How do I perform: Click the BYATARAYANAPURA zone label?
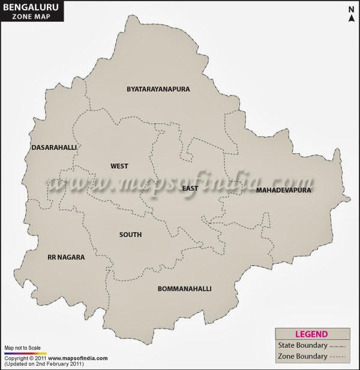coord(158,89)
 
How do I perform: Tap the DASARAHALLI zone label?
coord(55,147)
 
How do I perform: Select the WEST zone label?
coord(119,166)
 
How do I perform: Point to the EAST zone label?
coord(190,189)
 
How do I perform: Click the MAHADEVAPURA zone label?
coord(283,190)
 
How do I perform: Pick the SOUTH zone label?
coord(130,235)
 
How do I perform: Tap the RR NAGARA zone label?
coord(66,257)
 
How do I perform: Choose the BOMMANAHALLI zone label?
coord(184,289)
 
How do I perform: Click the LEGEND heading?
coord(311,335)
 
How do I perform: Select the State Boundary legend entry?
coord(303,345)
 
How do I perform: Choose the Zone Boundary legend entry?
coord(302,357)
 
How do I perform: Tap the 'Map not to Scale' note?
coord(22,348)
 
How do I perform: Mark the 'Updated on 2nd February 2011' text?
coord(44,365)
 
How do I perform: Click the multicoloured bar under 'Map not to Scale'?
coord(25,353)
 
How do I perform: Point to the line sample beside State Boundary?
coord(339,346)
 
